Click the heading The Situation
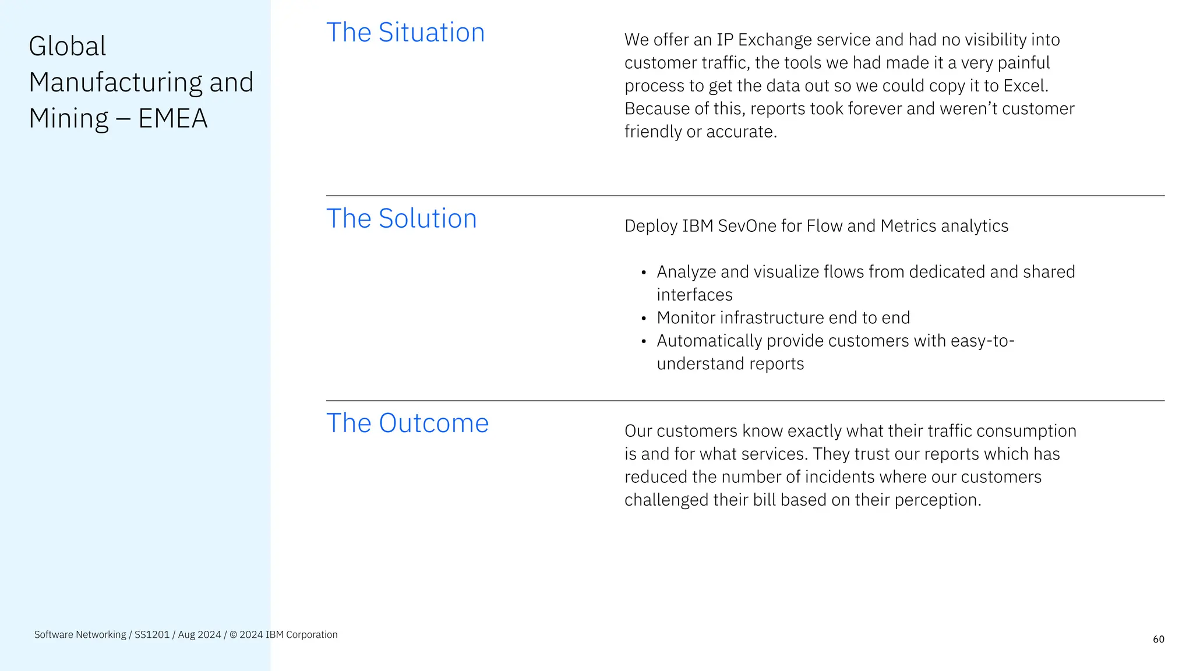tap(405, 33)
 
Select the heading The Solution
tap(401, 218)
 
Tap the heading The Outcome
tap(407, 423)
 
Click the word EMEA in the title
tap(172, 119)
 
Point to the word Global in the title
tap(68, 47)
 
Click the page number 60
tap(1158, 640)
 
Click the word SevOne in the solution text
tap(747, 226)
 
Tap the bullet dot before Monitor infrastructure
tap(644, 319)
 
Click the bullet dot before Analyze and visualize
tap(644, 273)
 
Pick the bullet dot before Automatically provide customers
tap(644, 341)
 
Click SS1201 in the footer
tap(151, 635)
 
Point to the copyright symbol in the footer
tap(233, 635)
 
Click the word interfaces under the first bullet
tap(694, 295)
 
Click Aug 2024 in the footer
tap(199, 635)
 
